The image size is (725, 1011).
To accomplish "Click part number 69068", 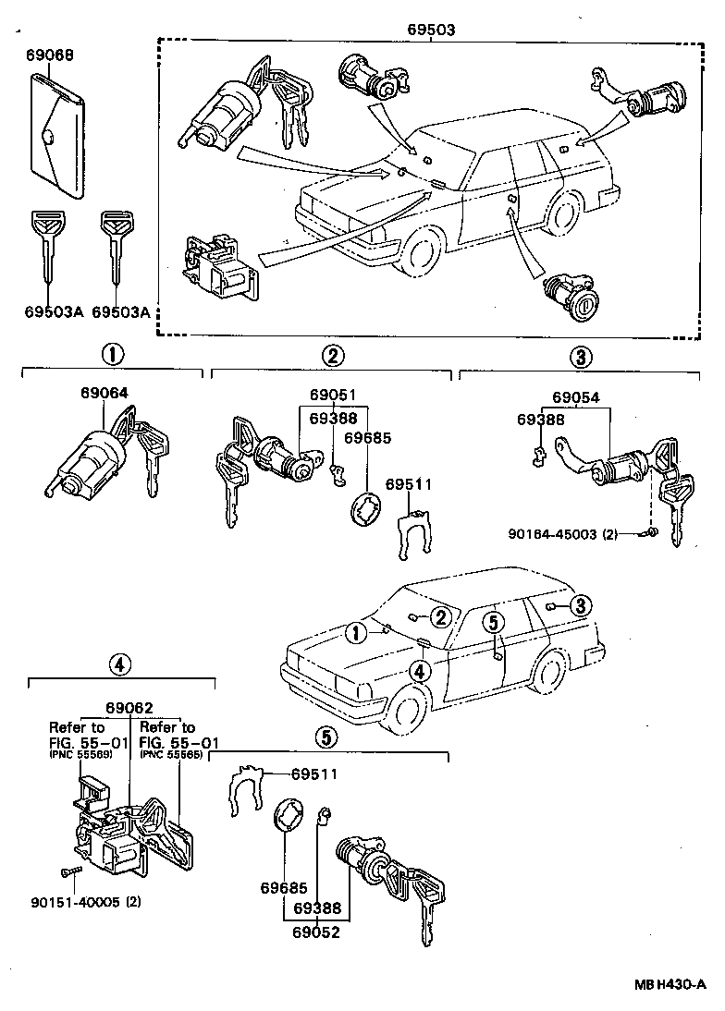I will (50, 55).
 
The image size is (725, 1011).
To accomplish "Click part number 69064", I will (104, 393).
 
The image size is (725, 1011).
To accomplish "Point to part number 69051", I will (331, 396).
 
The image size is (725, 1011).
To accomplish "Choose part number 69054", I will (576, 398).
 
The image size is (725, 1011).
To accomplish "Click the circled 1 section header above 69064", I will (111, 355).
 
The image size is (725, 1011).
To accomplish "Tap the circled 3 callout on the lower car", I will (579, 606).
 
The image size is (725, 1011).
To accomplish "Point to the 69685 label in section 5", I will (283, 888).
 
